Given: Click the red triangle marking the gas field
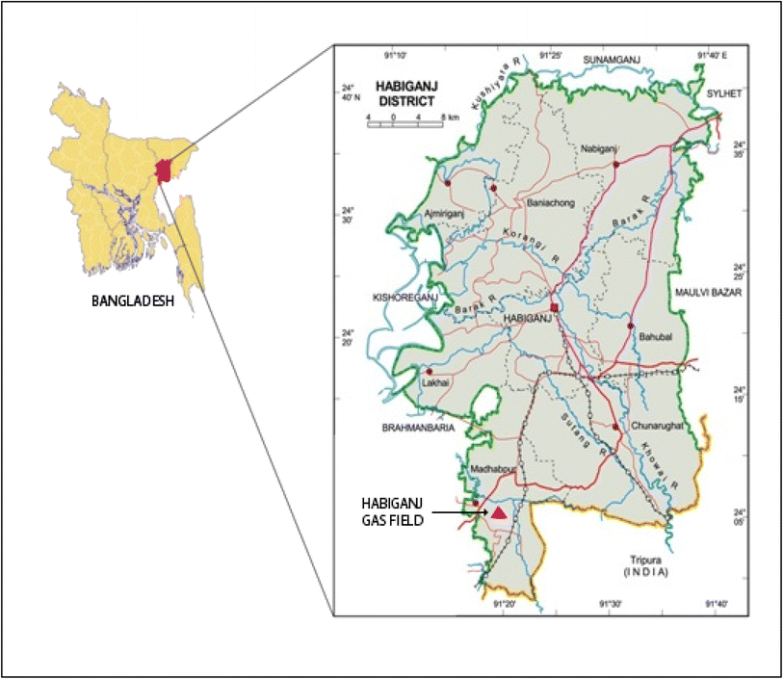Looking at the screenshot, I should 498,513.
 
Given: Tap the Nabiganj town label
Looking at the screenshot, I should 600,148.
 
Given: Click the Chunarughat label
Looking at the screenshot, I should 658,425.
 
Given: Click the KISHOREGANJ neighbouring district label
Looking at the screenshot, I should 404,299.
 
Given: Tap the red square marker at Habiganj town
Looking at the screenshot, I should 555,308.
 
